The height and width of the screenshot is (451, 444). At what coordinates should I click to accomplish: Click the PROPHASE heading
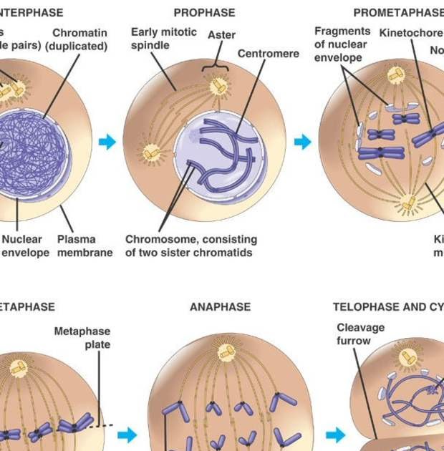tap(204, 13)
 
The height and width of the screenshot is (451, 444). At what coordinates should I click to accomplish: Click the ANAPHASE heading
tap(220, 307)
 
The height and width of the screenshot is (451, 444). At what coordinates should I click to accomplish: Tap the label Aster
tap(221, 35)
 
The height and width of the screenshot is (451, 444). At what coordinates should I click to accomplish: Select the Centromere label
tap(268, 54)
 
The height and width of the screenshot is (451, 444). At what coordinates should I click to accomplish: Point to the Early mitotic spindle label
tap(163, 39)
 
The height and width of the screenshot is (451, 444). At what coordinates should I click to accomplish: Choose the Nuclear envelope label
tap(25, 246)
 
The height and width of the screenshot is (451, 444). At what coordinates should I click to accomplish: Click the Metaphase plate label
tap(82, 338)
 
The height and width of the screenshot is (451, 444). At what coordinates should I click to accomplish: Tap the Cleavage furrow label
tap(361, 334)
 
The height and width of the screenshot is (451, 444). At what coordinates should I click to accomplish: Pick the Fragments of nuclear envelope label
tap(342, 44)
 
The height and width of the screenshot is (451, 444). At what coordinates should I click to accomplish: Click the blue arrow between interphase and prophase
tap(107, 142)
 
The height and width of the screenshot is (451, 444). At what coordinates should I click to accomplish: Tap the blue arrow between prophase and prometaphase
tap(303, 142)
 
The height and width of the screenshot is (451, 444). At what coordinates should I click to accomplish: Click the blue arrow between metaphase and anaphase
tap(127, 435)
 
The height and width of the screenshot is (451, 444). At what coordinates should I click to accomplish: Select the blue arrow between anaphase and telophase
tap(335, 435)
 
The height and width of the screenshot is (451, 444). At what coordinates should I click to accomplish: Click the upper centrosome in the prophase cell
tap(218, 87)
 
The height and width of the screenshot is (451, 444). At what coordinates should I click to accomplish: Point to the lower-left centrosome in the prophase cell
tap(152, 152)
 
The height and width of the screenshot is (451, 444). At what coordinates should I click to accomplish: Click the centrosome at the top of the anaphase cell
tap(226, 351)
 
